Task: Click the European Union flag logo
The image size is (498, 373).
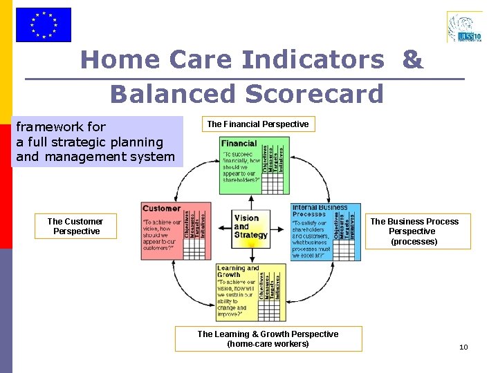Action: [x=43, y=25]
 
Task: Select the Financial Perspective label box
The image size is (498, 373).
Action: [x=258, y=124]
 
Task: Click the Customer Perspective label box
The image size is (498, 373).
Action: [x=75, y=227]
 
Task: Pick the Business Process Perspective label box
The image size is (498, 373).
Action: [x=414, y=231]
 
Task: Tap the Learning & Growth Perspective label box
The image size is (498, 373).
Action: [x=268, y=338]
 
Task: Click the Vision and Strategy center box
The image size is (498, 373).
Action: [x=250, y=227]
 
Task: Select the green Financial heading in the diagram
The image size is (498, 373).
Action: [x=239, y=144]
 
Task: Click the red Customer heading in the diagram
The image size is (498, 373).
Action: [x=161, y=208]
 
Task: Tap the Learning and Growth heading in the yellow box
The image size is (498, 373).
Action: [x=237, y=271]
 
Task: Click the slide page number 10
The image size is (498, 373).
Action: [x=463, y=347]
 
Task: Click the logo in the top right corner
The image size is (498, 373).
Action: [x=465, y=26]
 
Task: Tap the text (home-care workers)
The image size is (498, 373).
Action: [x=268, y=344]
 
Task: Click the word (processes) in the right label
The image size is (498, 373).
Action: [x=414, y=242]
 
